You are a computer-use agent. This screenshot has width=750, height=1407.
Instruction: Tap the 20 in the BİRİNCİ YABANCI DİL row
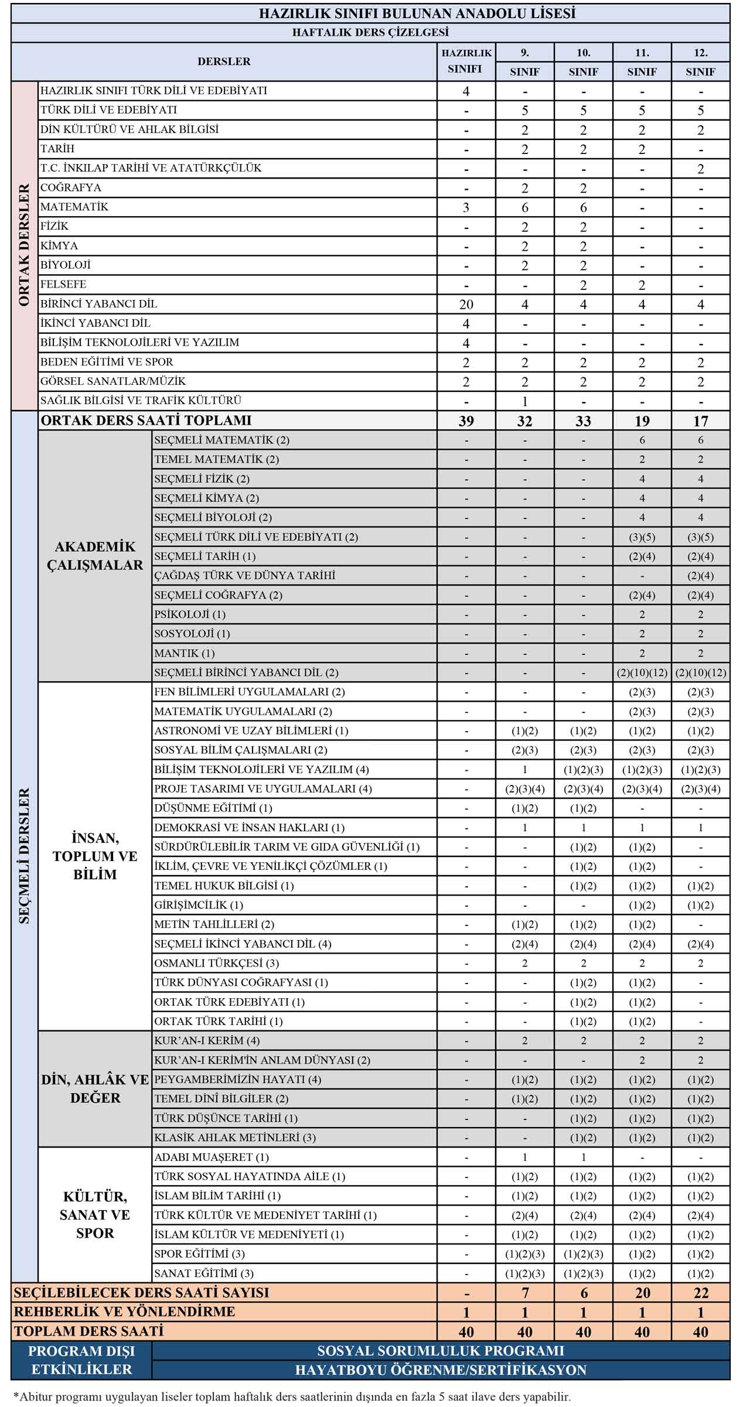(x=466, y=304)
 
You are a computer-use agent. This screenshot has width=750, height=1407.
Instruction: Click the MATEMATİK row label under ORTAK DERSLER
(x=74, y=207)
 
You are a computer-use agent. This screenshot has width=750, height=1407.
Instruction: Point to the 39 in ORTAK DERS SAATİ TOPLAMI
(x=466, y=421)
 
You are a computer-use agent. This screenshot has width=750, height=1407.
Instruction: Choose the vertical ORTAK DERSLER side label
(x=24, y=245)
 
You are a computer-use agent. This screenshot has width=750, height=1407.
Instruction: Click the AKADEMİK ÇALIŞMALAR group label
(x=95, y=556)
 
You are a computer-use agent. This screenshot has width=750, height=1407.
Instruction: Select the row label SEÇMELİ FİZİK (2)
(x=202, y=479)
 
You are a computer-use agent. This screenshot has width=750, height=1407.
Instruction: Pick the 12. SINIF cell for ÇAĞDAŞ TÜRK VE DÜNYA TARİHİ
(x=700, y=576)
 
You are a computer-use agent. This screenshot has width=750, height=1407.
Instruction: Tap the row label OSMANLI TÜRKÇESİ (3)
(x=216, y=963)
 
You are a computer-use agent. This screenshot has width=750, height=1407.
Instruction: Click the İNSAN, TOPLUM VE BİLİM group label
(x=95, y=856)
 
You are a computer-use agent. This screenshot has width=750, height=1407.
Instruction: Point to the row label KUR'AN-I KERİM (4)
(x=207, y=1040)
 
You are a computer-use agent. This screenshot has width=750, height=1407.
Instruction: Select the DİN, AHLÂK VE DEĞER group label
(x=95, y=1088)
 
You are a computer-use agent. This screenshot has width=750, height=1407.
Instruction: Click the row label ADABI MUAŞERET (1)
(x=211, y=1157)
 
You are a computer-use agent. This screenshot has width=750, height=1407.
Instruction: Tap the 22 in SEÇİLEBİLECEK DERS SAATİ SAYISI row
(x=700, y=1293)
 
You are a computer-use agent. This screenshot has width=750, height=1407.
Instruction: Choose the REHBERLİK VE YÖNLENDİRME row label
(x=124, y=1312)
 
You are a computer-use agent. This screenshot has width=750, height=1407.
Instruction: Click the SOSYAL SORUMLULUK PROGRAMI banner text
(x=441, y=1351)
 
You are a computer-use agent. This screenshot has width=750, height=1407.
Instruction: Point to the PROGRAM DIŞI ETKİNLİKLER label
(x=81, y=1360)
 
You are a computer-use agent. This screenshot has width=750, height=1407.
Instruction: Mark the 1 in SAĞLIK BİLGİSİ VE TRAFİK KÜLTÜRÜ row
(x=524, y=401)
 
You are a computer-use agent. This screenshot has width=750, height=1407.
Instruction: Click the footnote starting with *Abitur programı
(x=291, y=1397)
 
